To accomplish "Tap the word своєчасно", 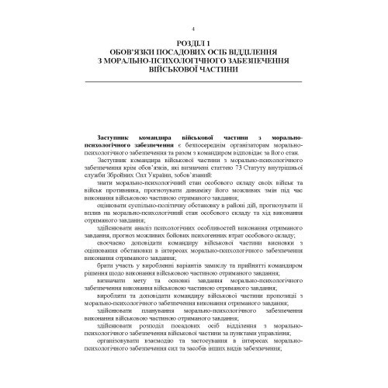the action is coord(116,265).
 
